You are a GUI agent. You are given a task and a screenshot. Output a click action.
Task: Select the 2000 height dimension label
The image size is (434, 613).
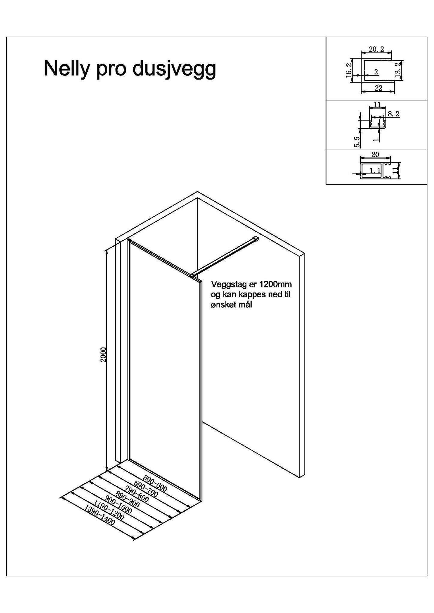coord(103,355)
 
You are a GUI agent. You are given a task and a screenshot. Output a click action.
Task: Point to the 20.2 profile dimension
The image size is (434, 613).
coord(376,50)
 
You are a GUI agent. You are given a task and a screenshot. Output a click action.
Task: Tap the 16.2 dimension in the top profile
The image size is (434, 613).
coord(349,70)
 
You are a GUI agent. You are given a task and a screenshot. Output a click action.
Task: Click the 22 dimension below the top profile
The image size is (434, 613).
coord(378,88)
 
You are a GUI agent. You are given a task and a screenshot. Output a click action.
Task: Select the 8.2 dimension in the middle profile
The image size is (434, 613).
coord(394,114)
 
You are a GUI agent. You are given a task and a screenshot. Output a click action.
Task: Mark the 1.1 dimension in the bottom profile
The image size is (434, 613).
coord(375,170)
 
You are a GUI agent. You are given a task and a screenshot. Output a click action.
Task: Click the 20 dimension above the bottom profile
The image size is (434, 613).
coord(375,155)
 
